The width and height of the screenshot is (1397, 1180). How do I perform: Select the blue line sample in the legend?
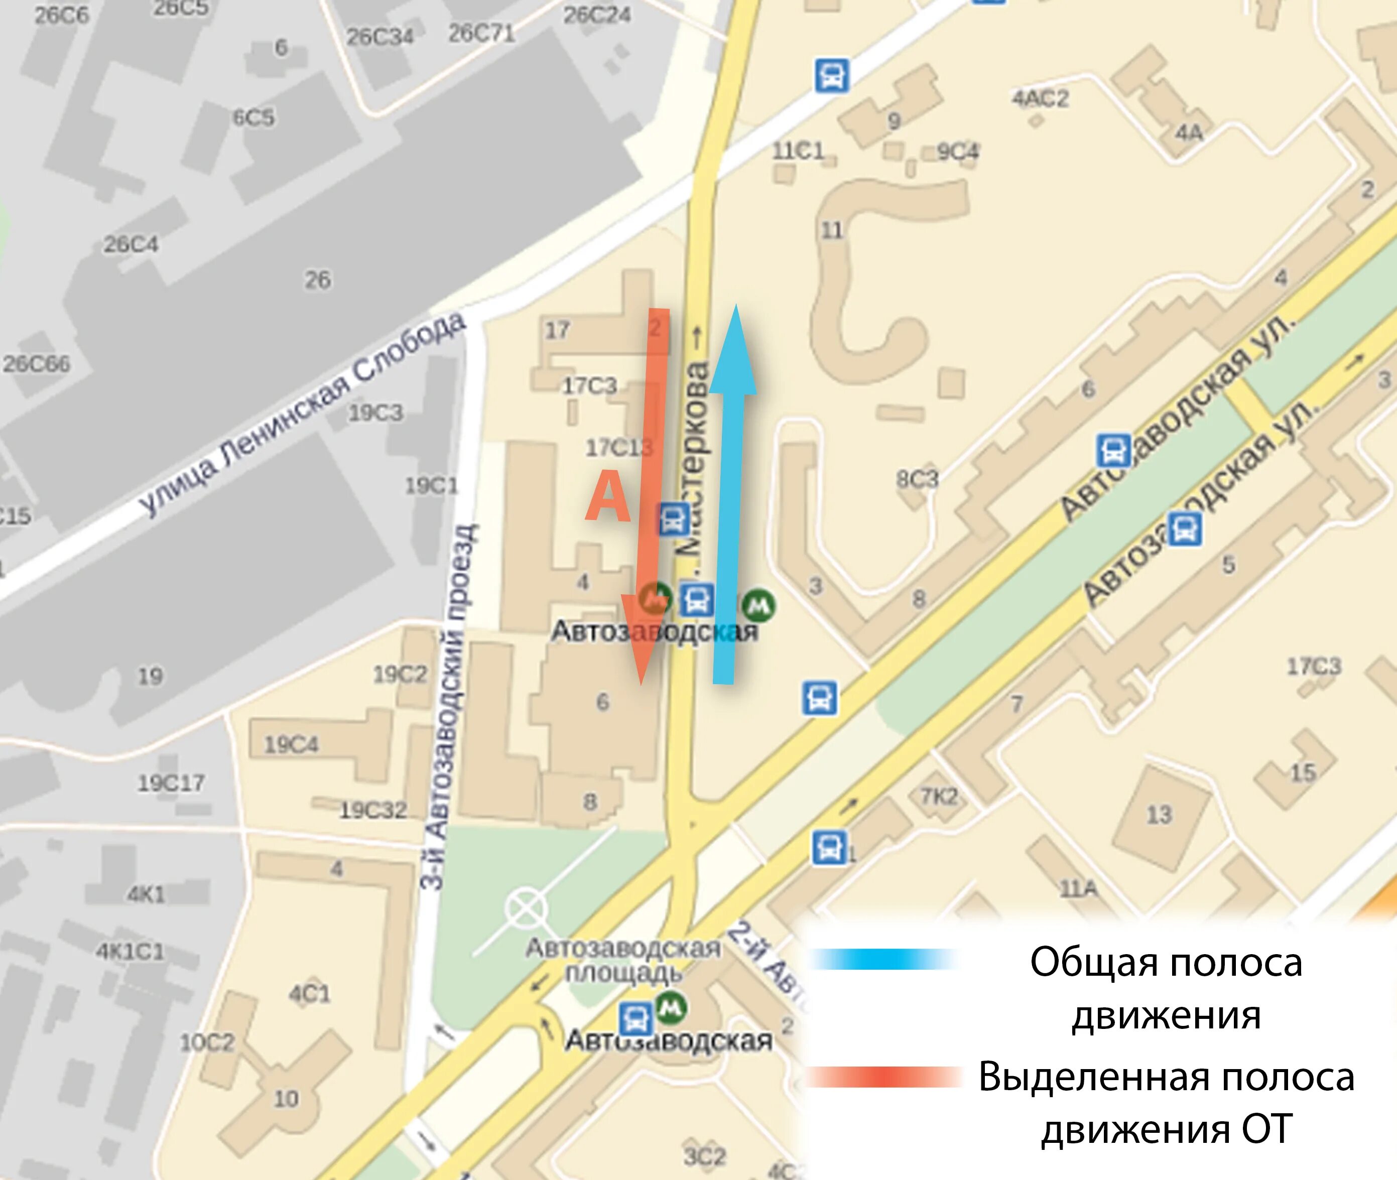[883, 959]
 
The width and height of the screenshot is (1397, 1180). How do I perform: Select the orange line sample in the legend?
[883, 1078]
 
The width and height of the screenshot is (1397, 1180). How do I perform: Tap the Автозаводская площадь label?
[622, 960]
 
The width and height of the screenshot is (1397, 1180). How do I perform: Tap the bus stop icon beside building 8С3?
[1114, 450]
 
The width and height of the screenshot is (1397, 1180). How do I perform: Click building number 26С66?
[37, 364]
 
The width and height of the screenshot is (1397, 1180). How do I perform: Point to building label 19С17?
[171, 782]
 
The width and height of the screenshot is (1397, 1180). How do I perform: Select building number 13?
[1160, 814]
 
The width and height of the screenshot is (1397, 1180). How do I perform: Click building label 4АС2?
[1040, 98]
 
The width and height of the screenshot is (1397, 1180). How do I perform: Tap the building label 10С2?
[207, 1042]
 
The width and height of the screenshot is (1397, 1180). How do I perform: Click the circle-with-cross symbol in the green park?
[526, 909]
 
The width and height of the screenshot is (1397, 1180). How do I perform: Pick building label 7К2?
[939, 796]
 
